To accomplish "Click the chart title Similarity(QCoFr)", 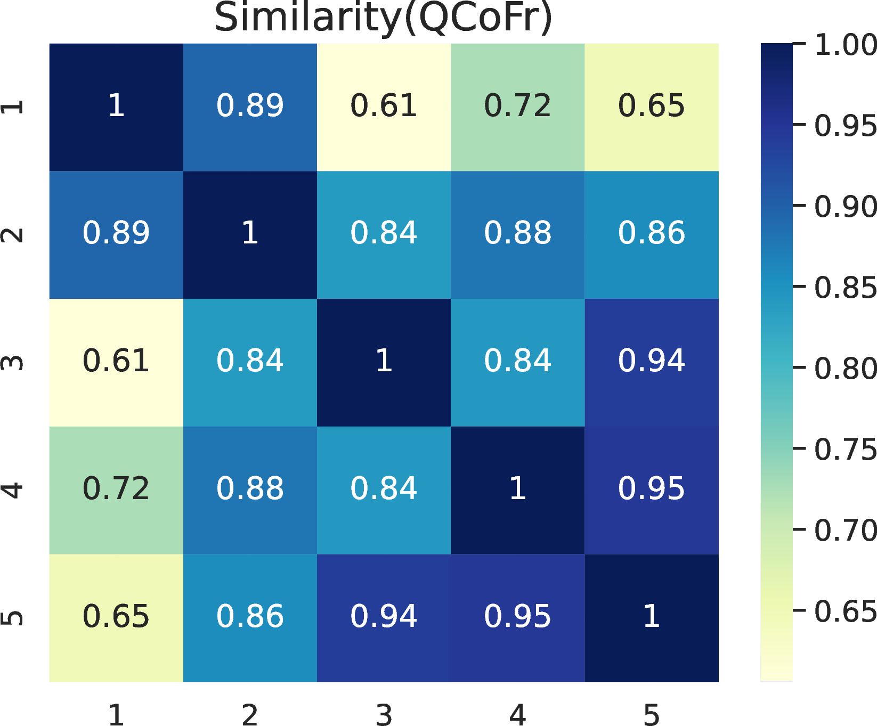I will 383,18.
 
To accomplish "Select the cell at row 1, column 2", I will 250,107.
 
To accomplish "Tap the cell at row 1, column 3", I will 384,107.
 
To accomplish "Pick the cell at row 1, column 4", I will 517,107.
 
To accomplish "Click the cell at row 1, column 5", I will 651,107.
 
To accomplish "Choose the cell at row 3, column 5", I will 651,362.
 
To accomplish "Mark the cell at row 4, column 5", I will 651,490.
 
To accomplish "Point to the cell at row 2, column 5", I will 651,234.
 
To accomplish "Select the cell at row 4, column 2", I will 250,490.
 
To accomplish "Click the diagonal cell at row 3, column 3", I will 384,362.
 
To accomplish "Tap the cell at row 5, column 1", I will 116,618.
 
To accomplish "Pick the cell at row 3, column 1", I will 116,362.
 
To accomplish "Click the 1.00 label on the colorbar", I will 845,45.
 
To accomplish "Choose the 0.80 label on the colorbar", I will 845,368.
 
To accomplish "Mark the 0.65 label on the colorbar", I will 845,611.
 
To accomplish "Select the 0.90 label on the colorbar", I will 845,207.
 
